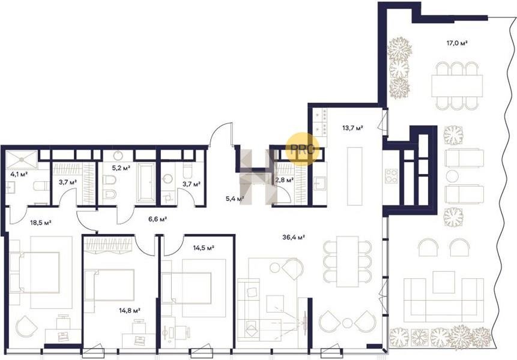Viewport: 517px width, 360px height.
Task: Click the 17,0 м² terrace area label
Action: (458, 43)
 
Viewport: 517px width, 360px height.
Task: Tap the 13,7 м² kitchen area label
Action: (352, 128)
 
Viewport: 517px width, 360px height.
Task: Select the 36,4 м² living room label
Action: (294, 236)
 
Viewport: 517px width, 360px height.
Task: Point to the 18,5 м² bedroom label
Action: (41, 223)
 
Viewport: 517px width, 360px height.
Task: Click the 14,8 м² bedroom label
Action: (130, 310)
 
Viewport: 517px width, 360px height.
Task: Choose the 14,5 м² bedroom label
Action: (204, 248)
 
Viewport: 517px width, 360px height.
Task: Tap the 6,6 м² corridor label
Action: (157, 219)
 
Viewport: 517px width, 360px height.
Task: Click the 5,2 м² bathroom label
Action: (121, 168)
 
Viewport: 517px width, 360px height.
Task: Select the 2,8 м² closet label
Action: (284, 180)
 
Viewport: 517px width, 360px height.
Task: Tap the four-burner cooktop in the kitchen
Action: (392, 176)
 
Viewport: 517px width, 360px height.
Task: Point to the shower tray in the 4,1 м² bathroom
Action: (22, 160)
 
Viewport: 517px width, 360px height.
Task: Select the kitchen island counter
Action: (353, 176)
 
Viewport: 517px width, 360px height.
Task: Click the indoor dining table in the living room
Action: (347, 261)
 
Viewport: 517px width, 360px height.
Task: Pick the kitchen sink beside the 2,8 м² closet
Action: (319, 184)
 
